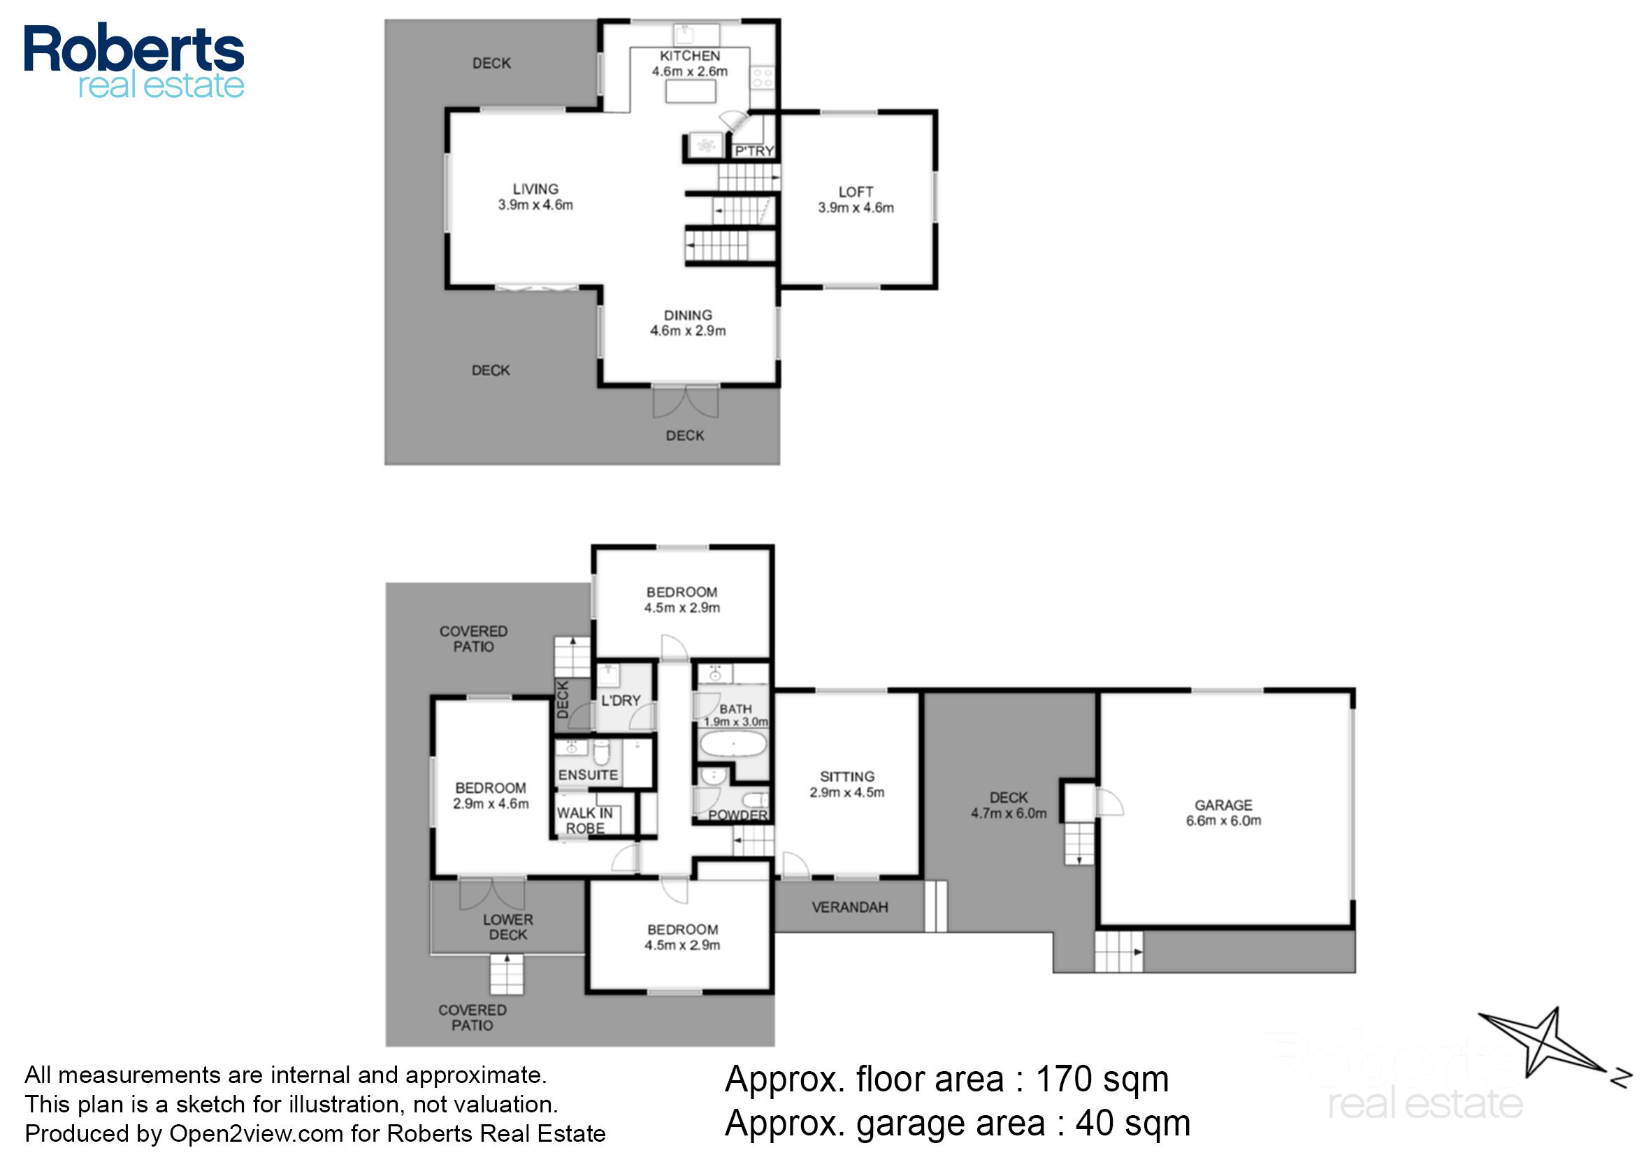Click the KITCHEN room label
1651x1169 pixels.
click(x=689, y=56)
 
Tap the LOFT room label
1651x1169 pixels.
click(x=855, y=192)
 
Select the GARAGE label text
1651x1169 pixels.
click(x=1223, y=805)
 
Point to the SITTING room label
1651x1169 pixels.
click(x=847, y=777)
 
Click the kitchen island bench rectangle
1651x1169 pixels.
click(x=690, y=92)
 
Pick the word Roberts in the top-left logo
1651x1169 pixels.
click(x=134, y=49)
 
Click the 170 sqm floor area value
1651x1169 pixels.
click(x=1101, y=1079)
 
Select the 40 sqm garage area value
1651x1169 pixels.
click(x=1132, y=1123)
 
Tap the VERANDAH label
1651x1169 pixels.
click(x=849, y=907)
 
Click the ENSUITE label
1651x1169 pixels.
click(x=588, y=775)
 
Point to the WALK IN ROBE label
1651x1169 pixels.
click(x=584, y=820)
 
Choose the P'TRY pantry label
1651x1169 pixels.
click(x=754, y=150)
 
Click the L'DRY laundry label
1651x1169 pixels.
click(x=621, y=701)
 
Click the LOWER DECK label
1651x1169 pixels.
click(x=508, y=927)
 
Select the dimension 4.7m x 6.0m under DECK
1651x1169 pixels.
click(x=1009, y=813)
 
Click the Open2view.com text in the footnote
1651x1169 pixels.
click(x=256, y=1133)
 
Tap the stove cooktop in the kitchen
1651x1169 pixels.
click(x=761, y=78)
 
